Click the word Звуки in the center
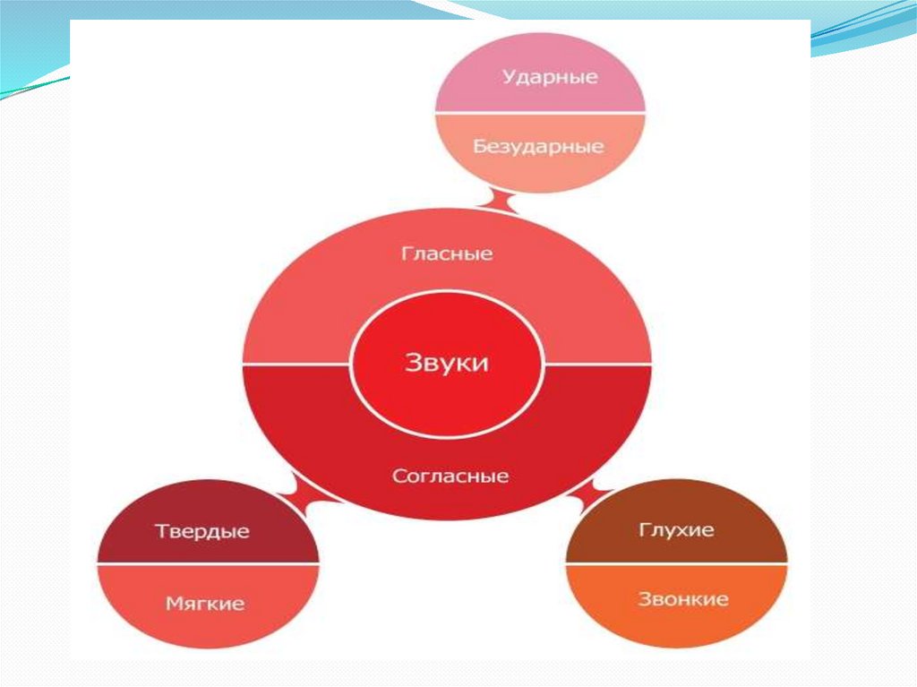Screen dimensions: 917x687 pyautogui.click(x=447, y=363)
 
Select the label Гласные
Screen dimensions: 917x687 pyautogui.click(x=446, y=253)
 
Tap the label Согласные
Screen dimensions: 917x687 pyautogui.click(x=450, y=476)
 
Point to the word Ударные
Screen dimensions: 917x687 pyautogui.click(x=550, y=76)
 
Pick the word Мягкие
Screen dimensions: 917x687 pyautogui.click(x=205, y=604)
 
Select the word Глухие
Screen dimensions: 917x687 pyautogui.click(x=676, y=529)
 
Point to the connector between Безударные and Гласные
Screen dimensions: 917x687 pyautogui.click(x=499, y=199)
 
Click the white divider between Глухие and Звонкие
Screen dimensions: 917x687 pyautogui.click(x=676, y=563)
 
